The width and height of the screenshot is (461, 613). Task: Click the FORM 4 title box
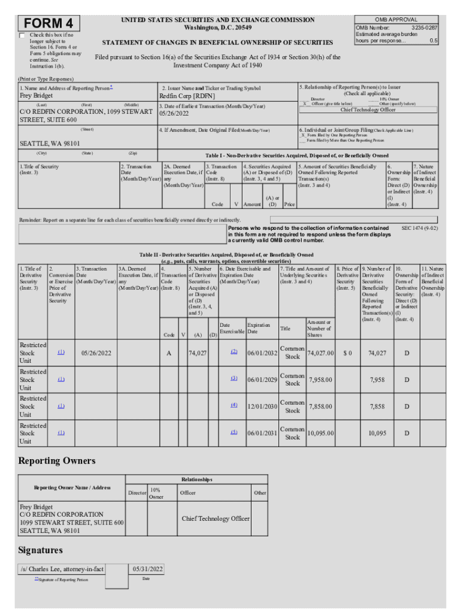(x=50, y=23)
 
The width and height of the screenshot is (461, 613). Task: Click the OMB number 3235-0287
(x=424, y=28)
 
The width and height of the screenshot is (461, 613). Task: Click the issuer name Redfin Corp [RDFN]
(x=187, y=96)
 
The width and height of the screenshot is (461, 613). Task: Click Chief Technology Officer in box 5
(x=368, y=110)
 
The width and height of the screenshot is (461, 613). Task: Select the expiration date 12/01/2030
(x=262, y=406)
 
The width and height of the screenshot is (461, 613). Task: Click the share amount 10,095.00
(x=320, y=433)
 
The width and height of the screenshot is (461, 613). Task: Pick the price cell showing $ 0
(x=347, y=353)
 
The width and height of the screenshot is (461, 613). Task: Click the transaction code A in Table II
(x=169, y=353)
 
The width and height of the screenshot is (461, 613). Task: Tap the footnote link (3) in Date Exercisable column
(x=234, y=378)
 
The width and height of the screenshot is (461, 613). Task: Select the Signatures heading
(x=40, y=550)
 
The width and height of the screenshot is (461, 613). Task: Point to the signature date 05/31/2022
(x=147, y=569)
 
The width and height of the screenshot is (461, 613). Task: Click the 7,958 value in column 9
(x=377, y=380)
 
